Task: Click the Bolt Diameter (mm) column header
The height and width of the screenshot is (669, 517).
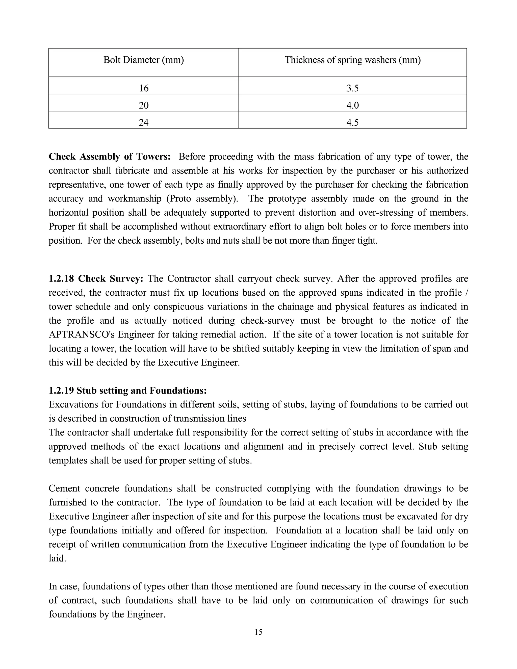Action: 144,60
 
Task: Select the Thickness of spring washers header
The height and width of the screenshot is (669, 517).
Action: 352,60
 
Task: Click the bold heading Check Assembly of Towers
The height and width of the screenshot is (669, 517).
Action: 110,157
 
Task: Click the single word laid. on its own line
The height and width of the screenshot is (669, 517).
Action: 57,558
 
